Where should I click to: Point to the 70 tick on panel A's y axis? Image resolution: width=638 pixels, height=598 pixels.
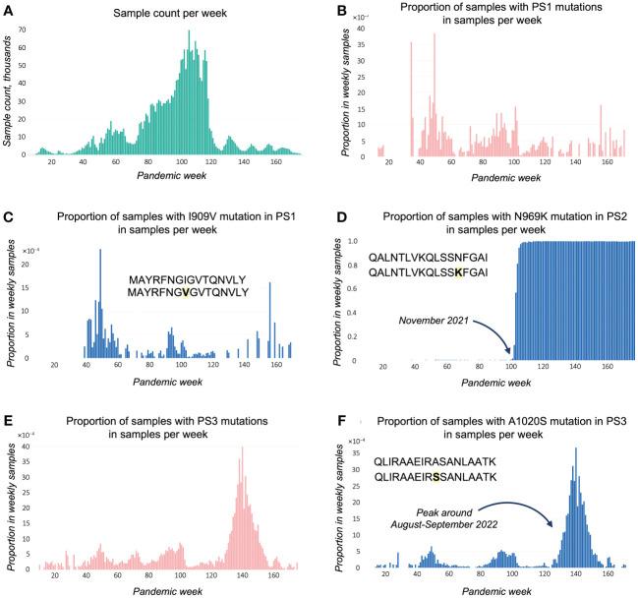point(28,31)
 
